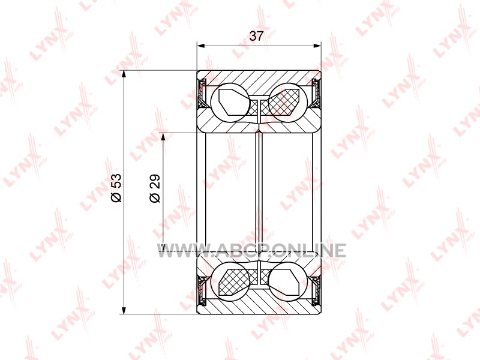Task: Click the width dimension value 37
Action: (x=256, y=36)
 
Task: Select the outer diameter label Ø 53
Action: (x=116, y=188)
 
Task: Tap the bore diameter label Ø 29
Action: (x=155, y=188)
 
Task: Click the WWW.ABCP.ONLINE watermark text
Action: (x=251, y=250)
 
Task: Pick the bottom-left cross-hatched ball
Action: (x=230, y=282)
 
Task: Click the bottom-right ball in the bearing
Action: (x=288, y=282)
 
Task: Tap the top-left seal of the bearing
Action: (x=202, y=94)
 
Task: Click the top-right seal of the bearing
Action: (x=316, y=94)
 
